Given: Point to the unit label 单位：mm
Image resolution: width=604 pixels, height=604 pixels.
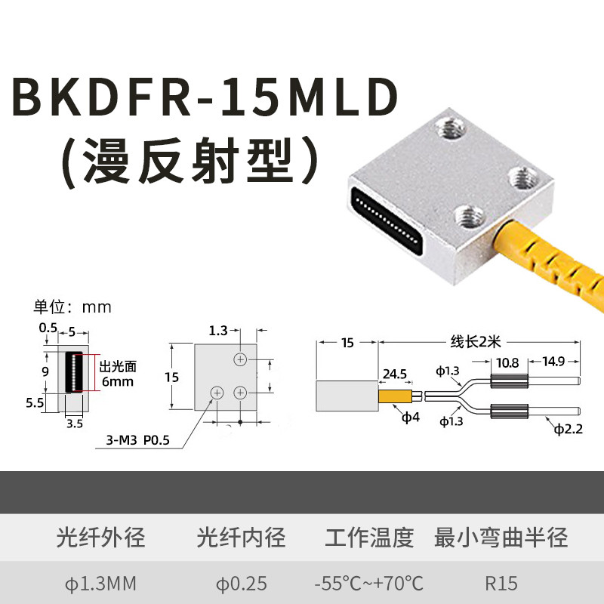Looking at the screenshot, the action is [72, 307].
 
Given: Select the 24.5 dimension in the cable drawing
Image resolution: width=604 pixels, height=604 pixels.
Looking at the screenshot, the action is [395, 373].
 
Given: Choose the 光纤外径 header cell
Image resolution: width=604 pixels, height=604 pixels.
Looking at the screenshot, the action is [100, 538].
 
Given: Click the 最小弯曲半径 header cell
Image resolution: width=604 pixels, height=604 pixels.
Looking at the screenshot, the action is [501, 538].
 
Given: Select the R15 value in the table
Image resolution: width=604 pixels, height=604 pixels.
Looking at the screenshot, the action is [501, 583].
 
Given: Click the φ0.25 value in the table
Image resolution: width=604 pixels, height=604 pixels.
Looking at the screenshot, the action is [242, 583].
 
